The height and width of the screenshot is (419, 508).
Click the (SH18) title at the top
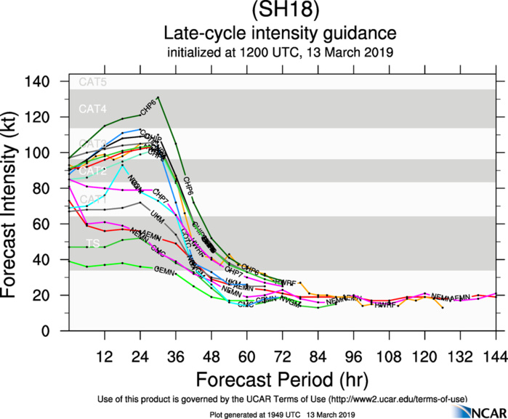click(x=280, y=12)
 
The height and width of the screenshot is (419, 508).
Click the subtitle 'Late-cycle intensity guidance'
click(x=280, y=33)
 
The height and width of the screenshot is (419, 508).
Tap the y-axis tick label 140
click(x=53, y=81)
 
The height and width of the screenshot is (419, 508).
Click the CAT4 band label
click(x=93, y=110)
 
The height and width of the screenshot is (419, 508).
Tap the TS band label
click(x=93, y=243)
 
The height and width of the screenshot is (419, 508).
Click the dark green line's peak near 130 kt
click(x=158, y=97)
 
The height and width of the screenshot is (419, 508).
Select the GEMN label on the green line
click(x=165, y=272)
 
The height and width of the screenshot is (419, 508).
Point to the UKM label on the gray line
click(x=157, y=216)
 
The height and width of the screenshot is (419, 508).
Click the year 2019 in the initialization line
click(x=378, y=52)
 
